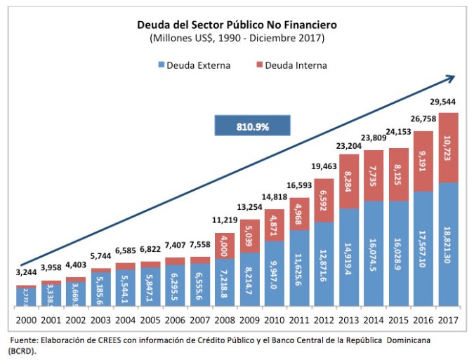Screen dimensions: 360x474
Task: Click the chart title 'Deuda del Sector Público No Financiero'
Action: [237, 25]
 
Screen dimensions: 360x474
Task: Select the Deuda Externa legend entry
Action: [193, 65]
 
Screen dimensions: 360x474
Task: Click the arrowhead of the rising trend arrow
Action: [449, 79]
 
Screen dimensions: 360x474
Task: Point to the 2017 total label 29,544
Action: [449, 102]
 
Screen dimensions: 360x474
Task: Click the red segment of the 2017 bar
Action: [449, 147]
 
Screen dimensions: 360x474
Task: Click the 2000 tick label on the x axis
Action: [26, 321]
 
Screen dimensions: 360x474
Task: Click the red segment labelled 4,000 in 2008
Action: [225, 246]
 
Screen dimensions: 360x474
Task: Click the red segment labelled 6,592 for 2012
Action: [324, 201]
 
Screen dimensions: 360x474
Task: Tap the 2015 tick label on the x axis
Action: [399, 321]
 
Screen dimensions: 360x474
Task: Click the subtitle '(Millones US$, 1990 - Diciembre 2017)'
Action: [237, 38]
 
